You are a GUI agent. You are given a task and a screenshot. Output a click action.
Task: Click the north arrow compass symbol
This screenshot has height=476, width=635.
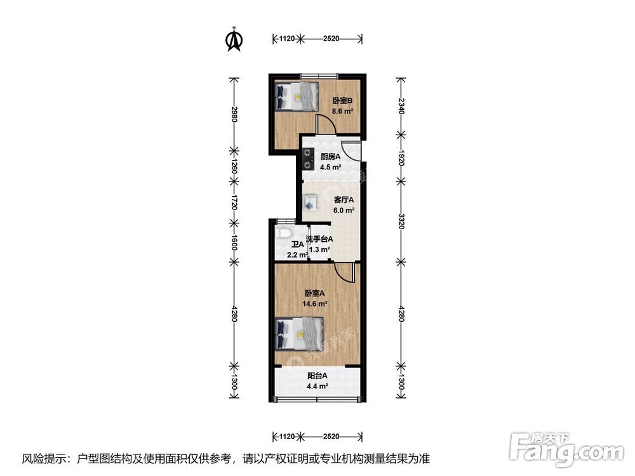point(235,39)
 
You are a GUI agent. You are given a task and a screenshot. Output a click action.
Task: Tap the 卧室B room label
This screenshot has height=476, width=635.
point(342,100)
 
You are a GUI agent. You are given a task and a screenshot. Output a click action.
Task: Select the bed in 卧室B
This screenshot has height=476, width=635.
point(297,96)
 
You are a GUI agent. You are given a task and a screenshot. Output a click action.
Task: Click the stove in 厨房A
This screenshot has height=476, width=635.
point(309,158)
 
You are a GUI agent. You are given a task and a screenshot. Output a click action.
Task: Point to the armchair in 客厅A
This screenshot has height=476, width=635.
point(311,202)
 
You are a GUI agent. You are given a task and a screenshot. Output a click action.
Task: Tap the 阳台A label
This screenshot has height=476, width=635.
point(317,376)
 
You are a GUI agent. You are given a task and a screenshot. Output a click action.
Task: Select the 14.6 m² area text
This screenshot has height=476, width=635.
point(315,303)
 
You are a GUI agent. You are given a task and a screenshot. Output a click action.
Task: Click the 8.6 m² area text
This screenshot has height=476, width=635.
point(342,110)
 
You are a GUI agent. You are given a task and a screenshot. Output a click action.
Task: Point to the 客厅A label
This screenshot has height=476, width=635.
point(344,200)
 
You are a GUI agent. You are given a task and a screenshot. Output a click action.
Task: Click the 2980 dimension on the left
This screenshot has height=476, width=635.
point(234,114)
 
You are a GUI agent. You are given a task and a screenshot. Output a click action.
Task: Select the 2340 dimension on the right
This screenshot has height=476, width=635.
point(401,105)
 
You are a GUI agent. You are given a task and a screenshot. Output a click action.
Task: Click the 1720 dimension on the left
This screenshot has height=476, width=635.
point(234,203)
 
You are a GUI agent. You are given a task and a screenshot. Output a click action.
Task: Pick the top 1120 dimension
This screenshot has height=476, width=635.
point(287,39)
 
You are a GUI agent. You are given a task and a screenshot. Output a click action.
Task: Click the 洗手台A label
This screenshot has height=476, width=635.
point(319,239)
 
